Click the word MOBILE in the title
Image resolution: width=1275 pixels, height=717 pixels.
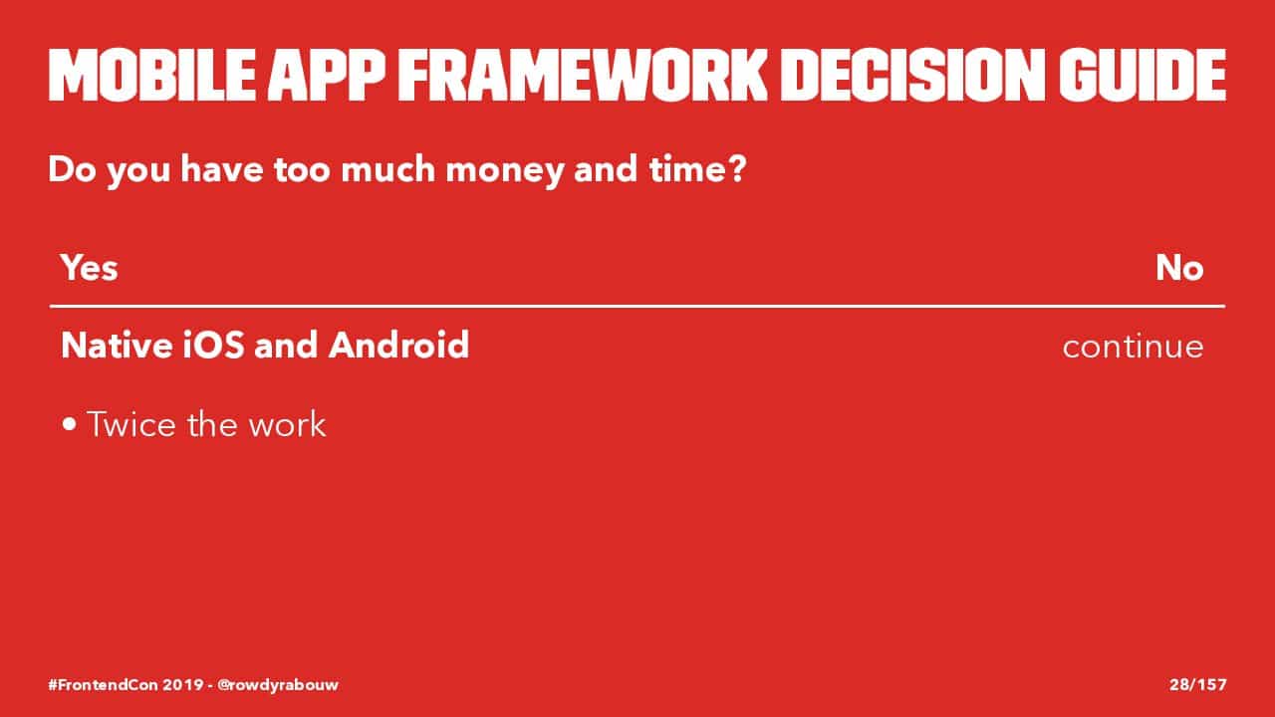(152, 75)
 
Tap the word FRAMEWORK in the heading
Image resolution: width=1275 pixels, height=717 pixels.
(583, 75)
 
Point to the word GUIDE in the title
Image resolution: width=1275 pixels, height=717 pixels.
(1143, 75)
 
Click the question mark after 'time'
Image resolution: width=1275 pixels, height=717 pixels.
(736, 169)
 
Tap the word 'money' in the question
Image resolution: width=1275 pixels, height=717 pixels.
(504, 172)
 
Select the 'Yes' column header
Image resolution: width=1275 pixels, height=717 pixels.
(90, 268)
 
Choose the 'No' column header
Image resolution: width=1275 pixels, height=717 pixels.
(1180, 268)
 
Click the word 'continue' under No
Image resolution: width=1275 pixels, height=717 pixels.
(1134, 346)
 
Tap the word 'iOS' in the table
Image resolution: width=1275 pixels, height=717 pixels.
(214, 345)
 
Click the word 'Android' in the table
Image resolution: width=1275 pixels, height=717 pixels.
(399, 345)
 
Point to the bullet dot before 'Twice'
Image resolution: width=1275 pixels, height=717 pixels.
(70, 424)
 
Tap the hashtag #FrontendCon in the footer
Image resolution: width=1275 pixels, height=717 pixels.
(103, 684)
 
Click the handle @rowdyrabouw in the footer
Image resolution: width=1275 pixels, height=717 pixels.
(278, 685)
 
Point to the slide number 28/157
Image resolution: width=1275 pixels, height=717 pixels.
(1198, 684)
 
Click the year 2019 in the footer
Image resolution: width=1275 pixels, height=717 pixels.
(183, 684)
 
